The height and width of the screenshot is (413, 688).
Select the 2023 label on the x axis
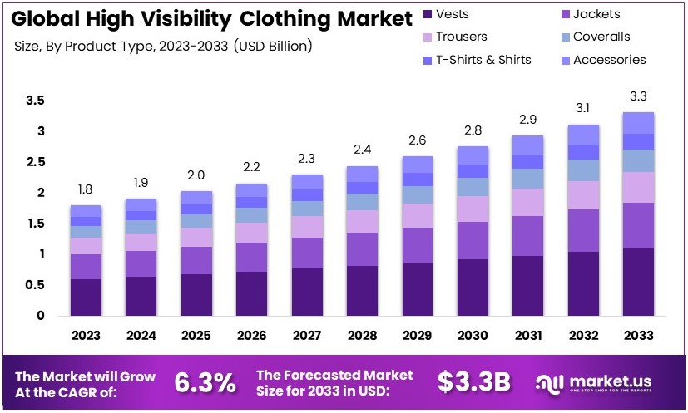coord(86,335)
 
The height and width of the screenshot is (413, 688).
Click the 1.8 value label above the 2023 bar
coord(86,189)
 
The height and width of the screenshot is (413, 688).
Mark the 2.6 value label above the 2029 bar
coord(418,140)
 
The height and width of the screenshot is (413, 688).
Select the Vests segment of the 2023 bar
coord(86,297)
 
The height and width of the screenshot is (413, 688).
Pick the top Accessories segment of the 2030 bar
coord(473,155)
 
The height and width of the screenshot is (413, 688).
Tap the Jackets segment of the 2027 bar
coord(307,253)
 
